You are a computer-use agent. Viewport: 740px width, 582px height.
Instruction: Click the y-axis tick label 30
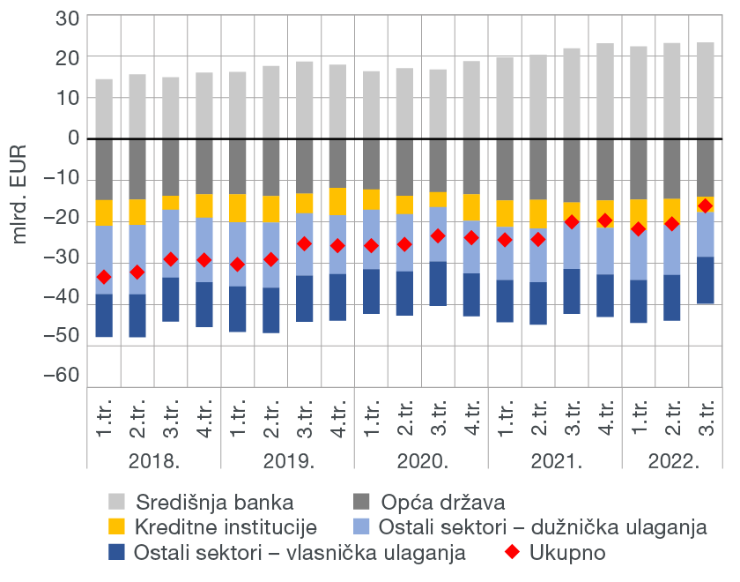[67, 18]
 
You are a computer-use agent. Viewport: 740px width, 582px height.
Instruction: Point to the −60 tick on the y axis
[62, 375]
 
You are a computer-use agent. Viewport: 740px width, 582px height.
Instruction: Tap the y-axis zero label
[73, 138]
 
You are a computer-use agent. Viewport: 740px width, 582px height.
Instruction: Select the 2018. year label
[154, 460]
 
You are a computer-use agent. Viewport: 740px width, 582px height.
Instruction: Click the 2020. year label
[421, 460]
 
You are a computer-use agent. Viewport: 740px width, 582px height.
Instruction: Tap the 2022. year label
[673, 460]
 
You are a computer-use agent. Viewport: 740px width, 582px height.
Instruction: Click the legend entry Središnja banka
[213, 504]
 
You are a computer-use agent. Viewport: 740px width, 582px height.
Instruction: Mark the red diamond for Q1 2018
[104, 277]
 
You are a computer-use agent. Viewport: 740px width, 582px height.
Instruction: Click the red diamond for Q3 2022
[705, 205]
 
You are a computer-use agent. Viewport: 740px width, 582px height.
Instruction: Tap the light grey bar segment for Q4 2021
[605, 91]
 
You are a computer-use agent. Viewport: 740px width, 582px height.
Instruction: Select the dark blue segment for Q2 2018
[137, 316]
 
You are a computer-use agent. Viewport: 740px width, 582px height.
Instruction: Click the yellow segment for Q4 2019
[337, 201]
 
